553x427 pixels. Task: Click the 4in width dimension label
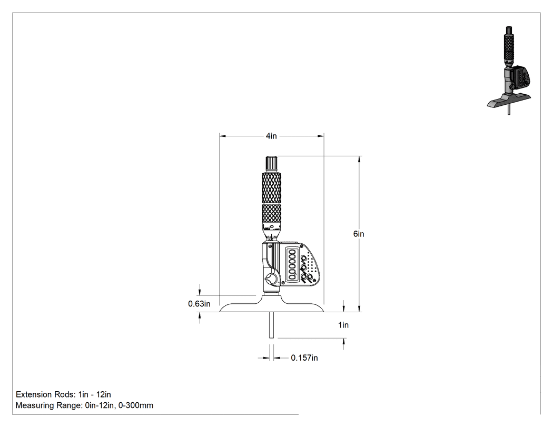[271, 136]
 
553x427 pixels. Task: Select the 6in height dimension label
[359, 234]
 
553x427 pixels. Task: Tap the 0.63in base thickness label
[199, 304]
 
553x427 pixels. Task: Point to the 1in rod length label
[343, 325]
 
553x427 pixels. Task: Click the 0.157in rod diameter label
[304, 358]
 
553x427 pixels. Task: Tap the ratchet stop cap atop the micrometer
[272, 163]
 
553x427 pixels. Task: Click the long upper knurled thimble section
[272, 188]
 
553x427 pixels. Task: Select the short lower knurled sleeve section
[272, 213]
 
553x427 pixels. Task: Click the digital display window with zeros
[292, 264]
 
